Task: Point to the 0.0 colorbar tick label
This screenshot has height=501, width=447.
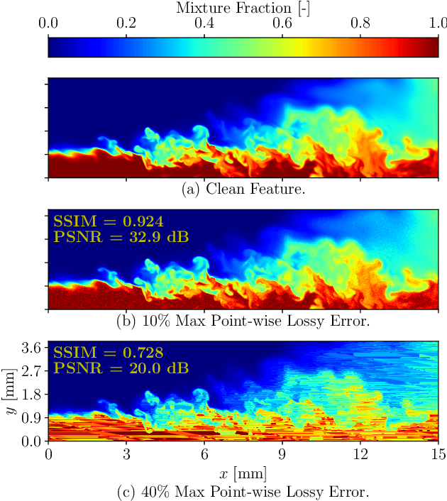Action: pos(48,23)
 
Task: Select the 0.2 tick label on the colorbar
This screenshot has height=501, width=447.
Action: pos(126,23)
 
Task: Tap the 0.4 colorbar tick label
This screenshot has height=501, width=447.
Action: pos(204,23)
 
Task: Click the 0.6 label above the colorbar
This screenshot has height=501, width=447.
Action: pos(282,23)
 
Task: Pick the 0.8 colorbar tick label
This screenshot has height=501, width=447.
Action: pos(360,23)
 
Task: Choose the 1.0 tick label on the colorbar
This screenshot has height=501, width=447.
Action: pos(438,23)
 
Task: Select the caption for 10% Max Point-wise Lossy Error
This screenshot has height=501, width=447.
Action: pos(243,321)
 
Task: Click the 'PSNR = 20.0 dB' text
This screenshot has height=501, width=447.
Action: pos(121,368)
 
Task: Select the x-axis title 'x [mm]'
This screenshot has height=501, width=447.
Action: pos(243,473)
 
